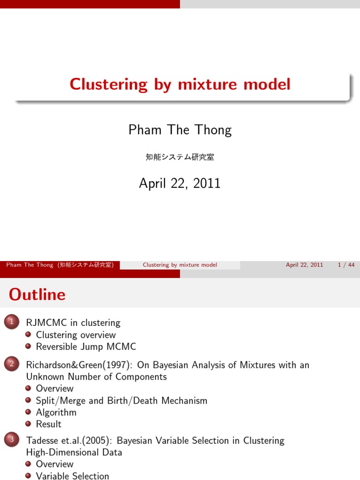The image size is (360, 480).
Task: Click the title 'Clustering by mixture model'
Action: tap(180, 84)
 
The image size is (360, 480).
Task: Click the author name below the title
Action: tap(180, 130)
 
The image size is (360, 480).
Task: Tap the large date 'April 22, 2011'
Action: tap(180, 183)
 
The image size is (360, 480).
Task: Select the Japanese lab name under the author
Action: tap(180, 157)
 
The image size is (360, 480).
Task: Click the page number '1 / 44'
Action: tap(346, 265)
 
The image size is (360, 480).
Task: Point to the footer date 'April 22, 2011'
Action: tap(304, 265)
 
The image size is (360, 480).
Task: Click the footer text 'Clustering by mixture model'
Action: tap(180, 265)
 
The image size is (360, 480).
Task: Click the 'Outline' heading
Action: tap(37, 294)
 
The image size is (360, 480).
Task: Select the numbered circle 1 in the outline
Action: tap(10, 322)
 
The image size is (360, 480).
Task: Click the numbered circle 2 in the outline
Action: tap(10, 364)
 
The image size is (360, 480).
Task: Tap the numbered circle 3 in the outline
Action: tap(10, 440)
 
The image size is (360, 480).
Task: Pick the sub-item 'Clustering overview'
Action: tap(75, 335)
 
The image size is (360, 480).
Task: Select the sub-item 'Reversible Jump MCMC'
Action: tap(86, 346)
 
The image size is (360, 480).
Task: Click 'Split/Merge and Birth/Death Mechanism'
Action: tap(121, 400)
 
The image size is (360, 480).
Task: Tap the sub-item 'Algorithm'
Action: tap(56, 412)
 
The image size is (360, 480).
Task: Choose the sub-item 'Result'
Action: tap(49, 424)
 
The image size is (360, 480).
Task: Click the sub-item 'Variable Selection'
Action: tap(72, 476)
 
